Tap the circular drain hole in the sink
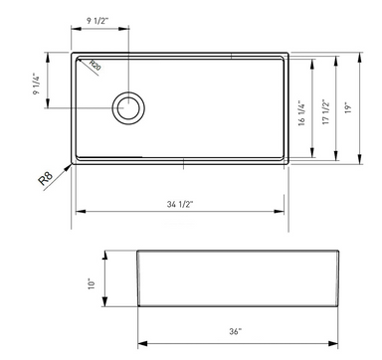point(129,107)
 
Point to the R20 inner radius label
point(95,66)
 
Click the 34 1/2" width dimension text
point(179,203)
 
